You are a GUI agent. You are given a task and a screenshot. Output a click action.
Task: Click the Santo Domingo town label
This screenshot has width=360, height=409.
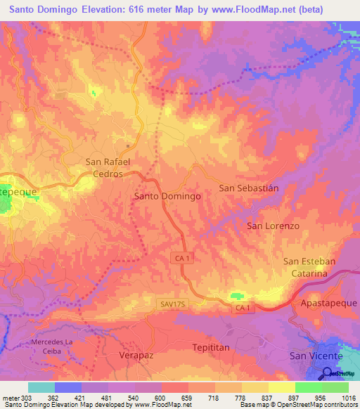tap(167, 197)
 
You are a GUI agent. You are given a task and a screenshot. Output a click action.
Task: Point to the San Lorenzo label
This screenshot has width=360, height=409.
tap(273, 226)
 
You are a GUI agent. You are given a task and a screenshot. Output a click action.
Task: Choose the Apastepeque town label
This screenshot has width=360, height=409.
tap(328, 303)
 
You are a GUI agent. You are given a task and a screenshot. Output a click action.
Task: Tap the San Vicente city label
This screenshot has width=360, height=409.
tap(316, 356)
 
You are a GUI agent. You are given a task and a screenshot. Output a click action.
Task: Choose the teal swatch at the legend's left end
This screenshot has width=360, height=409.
tap(41, 387)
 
